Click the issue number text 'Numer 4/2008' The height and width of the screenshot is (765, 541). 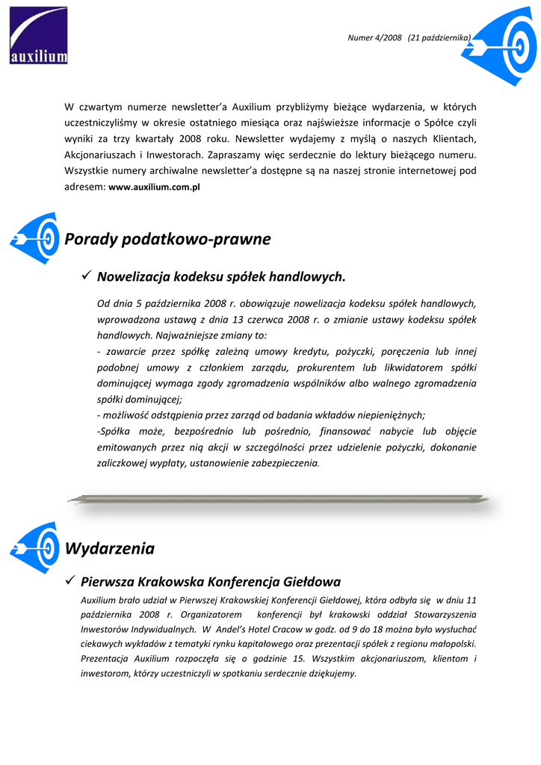(x=375, y=37)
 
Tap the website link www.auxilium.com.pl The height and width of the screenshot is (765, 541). (x=154, y=188)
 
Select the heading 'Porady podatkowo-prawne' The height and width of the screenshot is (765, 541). (x=167, y=239)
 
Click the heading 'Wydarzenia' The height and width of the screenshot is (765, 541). (x=110, y=548)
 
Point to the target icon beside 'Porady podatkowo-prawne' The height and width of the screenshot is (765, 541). (x=35, y=238)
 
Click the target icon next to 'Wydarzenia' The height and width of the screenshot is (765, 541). (x=35, y=547)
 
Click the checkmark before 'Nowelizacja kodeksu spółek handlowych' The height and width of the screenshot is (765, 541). (x=85, y=276)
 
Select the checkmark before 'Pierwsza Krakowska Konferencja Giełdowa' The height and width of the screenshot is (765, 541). (x=71, y=580)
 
